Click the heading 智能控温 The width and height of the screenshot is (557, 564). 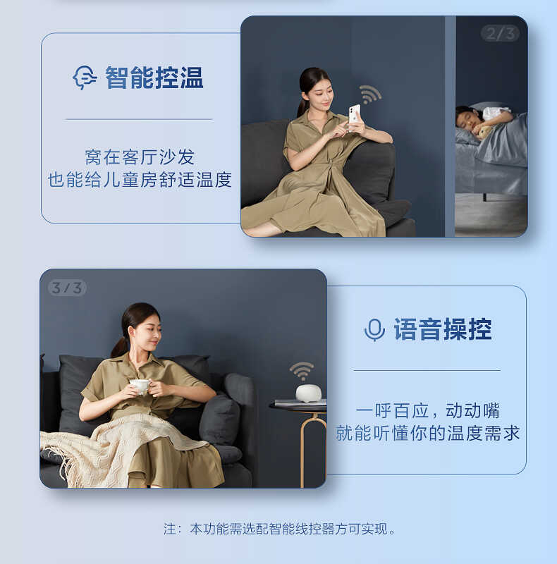[x=154, y=78]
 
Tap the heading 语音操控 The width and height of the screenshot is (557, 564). [x=442, y=329]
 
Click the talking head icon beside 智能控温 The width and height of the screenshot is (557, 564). [x=85, y=78]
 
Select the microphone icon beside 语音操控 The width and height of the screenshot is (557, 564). [x=374, y=329]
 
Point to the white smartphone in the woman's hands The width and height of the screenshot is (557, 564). [x=354, y=113]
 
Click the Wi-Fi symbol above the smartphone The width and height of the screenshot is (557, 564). [x=369, y=94]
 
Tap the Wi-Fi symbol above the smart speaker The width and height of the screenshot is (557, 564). [x=302, y=370]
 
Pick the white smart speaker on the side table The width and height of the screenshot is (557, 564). [x=308, y=393]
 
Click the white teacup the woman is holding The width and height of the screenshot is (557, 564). [x=140, y=385]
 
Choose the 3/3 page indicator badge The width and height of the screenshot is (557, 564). [x=68, y=288]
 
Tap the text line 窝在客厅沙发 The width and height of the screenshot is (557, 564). [x=140, y=157]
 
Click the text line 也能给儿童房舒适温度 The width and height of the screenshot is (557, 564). [x=140, y=180]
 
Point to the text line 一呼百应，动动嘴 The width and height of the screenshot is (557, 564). [x=427, y=410]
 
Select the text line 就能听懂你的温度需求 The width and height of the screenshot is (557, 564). [x=427, y=433]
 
